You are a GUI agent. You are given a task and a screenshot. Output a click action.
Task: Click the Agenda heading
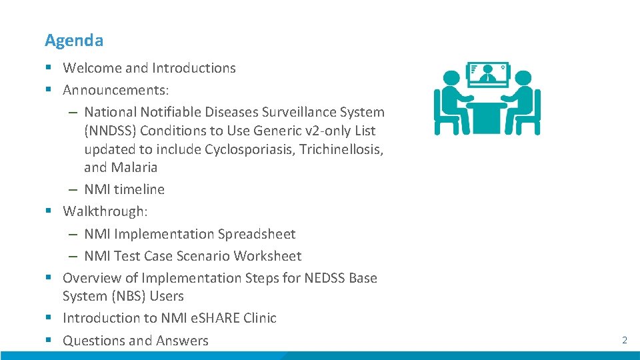74,41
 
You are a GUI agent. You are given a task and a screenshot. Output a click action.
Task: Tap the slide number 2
625,340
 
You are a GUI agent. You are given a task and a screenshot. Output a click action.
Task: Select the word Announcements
111,90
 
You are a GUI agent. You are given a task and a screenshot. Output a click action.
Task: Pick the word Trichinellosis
341,149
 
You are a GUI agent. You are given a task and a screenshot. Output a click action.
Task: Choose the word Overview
91,278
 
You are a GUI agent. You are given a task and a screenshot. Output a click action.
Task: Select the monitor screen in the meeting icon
487,74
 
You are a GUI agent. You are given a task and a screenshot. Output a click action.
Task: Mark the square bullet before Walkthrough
49,211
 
